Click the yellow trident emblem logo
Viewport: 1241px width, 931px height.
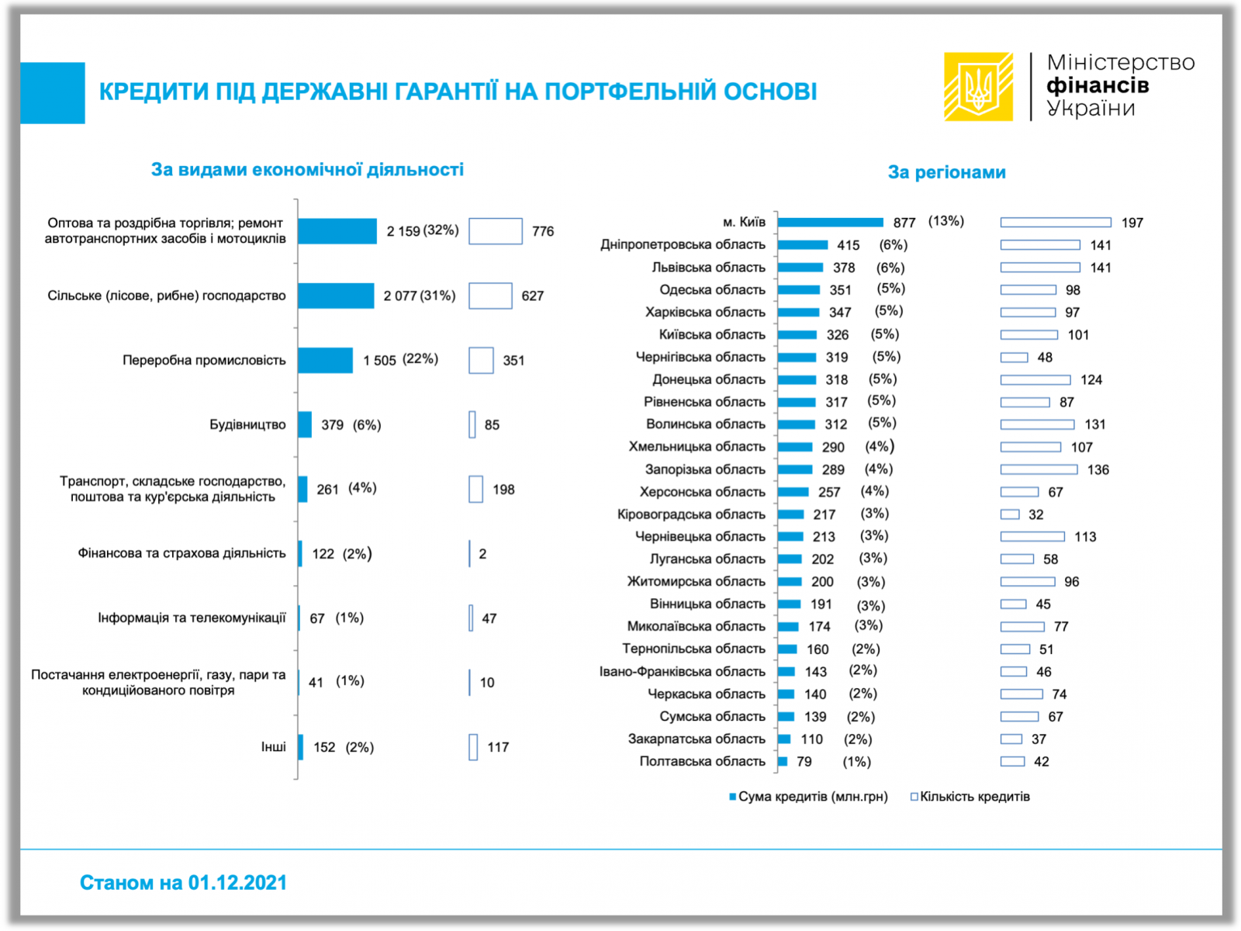tap(978, 86)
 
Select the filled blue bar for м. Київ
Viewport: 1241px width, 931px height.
tap(830, 223)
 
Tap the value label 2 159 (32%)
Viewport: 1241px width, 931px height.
tap(423, 231)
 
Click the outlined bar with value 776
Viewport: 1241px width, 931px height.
tap(495, 231)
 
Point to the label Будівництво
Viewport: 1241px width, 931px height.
tap(247, 425)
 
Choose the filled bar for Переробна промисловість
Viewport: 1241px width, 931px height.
tap(325, 360)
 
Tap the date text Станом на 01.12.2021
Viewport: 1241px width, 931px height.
tap(183, 883)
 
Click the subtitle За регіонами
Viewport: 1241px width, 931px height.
tap(946, 172)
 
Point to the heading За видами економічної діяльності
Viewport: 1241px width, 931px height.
tap(307, 170)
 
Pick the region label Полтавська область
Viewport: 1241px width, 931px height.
tap(702, 762)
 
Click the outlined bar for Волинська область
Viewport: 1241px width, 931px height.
tap(1037, 424)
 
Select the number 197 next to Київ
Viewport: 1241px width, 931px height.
tap(1132, 223)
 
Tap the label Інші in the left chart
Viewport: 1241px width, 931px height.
tap(273, 747)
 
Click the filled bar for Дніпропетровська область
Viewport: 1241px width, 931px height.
tap(803, 245)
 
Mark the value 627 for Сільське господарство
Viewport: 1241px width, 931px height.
tap(533, 296)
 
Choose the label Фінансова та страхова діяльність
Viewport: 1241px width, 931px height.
tap(181, 554)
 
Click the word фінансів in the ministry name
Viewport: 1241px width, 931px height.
tap(1098, 85)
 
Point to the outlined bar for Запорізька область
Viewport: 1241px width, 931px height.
tap(1039, 469)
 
